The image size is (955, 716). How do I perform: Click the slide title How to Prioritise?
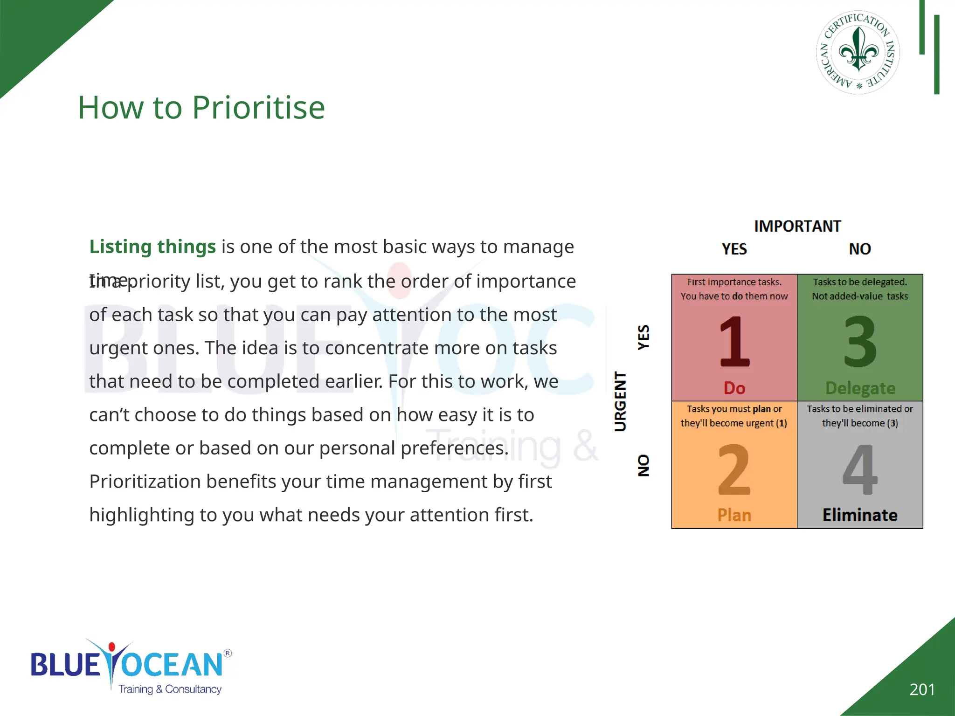point(201,108)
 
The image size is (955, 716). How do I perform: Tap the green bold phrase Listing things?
point(152,247)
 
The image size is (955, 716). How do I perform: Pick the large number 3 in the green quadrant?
point(860,342)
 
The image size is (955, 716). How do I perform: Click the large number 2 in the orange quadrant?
point(734,469)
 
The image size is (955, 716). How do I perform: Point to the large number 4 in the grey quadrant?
point(860,469)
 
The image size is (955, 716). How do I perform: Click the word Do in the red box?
point(734,388)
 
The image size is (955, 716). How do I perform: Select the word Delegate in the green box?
point(860,388)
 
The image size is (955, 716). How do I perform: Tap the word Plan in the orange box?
point(734,515)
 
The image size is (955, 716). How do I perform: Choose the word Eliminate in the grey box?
point(860,515)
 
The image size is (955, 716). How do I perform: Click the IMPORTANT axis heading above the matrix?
point(797,226)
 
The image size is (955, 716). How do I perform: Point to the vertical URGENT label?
point(620,401)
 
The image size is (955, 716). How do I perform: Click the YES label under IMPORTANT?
point(734,249)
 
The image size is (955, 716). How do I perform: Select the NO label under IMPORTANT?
point(860,249)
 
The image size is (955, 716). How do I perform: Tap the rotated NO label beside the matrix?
point(644,465)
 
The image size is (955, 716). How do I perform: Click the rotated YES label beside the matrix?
point(644,337)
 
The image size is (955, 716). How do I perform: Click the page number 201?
point(922,689)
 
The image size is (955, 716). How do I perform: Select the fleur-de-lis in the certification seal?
point(858,49)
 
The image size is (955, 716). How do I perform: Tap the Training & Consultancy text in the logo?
point(170,689)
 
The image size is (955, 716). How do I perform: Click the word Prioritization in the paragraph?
point(145,482)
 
